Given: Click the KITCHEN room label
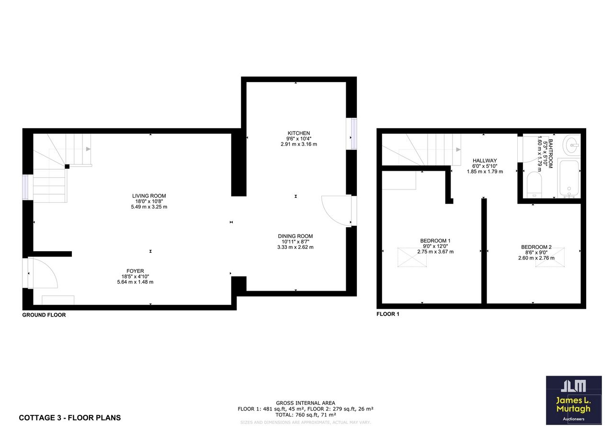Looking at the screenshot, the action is [x=298, y=133].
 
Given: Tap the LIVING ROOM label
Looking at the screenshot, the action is [x=149, y=196].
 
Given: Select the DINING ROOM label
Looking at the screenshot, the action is [x=295, y=236].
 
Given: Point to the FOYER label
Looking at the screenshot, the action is [x=135, y=271].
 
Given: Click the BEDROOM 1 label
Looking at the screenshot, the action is [x=435, y=241].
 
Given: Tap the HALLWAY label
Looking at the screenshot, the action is [x=485, y=161].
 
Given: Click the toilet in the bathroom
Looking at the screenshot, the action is [x=534, y=185].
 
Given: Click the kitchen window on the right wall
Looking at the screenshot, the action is [x=354, y=134].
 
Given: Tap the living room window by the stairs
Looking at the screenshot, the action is [x=25, y=187].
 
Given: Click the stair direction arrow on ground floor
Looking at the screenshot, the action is [x=88, y=149].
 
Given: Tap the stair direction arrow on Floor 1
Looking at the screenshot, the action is [x=458, y=150].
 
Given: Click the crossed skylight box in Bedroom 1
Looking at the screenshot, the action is [x=412, y=257].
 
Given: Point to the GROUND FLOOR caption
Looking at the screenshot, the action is [x=44, y=315].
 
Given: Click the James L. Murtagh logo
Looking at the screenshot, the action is [x=574, y=400].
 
